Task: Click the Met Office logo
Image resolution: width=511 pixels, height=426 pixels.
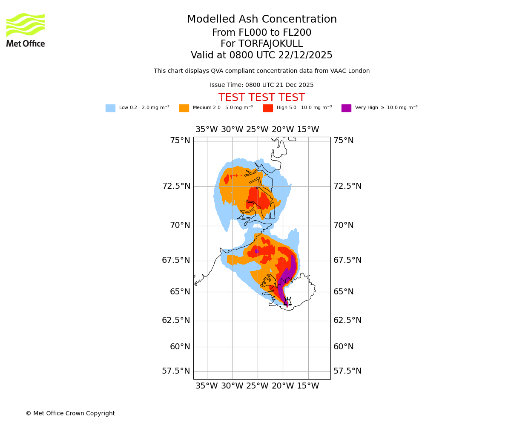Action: (26, 30)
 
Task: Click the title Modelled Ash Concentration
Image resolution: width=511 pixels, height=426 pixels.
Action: (262, 20)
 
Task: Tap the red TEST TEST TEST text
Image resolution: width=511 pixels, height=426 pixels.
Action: (261, 98)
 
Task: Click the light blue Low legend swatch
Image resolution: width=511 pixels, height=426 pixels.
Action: (110, 108)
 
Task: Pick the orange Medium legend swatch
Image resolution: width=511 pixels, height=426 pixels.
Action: (184, 108)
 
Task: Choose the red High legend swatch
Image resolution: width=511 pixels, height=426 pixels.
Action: (268, 108)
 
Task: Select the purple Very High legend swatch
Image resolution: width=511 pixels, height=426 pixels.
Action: (346, 108)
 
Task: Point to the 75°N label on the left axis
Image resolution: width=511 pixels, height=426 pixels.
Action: (180, 141)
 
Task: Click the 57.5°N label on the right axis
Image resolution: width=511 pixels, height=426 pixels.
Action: (347, 371)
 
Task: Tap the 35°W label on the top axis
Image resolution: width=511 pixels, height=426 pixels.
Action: (207, 130)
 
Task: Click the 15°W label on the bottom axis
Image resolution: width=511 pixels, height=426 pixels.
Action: (308, 386)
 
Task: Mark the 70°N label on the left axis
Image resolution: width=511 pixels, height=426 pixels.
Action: (180, 225)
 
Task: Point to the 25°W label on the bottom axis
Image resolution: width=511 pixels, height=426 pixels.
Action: (257, 386)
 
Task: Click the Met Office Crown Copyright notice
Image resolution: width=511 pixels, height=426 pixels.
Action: (70, 414)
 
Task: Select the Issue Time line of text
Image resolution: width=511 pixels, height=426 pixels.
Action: (261, 85)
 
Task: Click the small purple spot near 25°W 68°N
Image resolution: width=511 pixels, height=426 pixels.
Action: (256, 251)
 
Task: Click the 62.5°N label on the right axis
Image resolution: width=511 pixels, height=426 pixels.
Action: (347, 320)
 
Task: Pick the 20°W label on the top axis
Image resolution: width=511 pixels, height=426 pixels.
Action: (283, 130)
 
